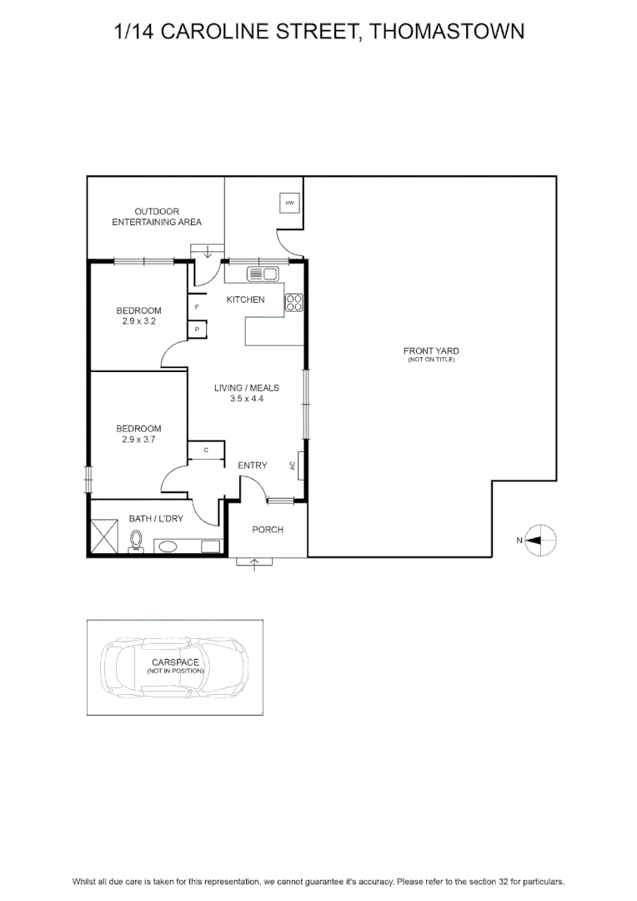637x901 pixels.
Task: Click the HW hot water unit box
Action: pyautogui.click(x=289, y=203)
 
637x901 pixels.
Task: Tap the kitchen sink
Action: pyautogui.click(x=263, y=274)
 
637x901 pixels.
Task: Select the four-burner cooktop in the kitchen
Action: pyautogui.click(x=293, y=303)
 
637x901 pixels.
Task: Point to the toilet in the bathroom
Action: pyautogui.click(x=136, y=541)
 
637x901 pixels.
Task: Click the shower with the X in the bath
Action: pyautogui.click(x=103, y=536)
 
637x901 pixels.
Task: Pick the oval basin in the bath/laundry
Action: pyautogui.click(x=168, y=546)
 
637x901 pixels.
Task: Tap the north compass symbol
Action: pyautogui.click(x=540, y=540)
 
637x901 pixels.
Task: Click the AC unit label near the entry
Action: pyautogui.click(x=293, y=466)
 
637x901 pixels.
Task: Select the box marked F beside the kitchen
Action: pyautogui.click(x=197, y=307)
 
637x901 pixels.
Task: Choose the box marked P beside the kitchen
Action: pyautogui.click(x=197, y=330)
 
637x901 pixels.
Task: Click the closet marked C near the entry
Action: pyautogui.click(x=206, y=450)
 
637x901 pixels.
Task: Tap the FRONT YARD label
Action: pyautogui.click(x=431, y=351)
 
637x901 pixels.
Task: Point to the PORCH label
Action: pyautogui.click(x=268, y=530)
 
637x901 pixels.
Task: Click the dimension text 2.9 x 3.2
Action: pyautogui.click(x=139, y=322)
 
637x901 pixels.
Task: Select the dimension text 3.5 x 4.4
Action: pyautogui.click(x=247, y=399)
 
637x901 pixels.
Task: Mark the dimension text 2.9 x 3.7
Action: pyautogui.click(x=139, y=440)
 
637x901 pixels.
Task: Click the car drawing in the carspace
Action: pyautogui.click(x=174, y=667)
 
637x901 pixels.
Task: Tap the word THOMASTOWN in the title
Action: pyautogui.click(x=446, y=32)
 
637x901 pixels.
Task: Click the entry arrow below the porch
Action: pyautogui.click(x=254, y=565)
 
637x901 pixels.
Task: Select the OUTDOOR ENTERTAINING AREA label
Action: pyautogui.click(x=157, y=217)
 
